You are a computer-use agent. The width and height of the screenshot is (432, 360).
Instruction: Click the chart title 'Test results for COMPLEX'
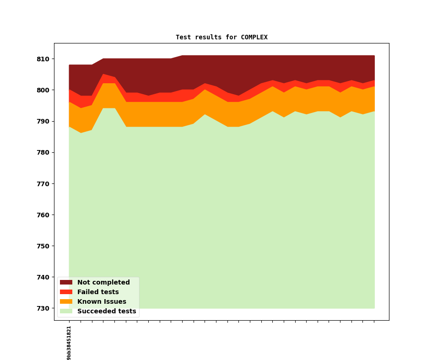pos(221,38)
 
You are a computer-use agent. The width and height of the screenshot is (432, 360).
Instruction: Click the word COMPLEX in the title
pos(254,38)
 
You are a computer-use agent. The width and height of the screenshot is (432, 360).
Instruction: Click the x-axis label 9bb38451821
pos(69,343)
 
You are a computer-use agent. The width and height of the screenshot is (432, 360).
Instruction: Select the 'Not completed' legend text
pos(103,283)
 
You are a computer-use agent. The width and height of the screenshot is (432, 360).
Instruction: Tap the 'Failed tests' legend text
pos(98,292)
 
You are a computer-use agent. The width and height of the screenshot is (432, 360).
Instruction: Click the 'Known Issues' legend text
pos(102,302)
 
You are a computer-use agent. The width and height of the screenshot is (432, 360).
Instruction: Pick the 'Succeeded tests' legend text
pos(107,312)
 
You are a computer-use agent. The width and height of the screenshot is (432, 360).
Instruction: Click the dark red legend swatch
pos(66,283)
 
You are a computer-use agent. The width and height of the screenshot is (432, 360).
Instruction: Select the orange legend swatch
pos(66,302)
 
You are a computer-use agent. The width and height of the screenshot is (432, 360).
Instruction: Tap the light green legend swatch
pos(66,312)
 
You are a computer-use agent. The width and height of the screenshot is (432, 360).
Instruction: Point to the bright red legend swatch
pos(66,292)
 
